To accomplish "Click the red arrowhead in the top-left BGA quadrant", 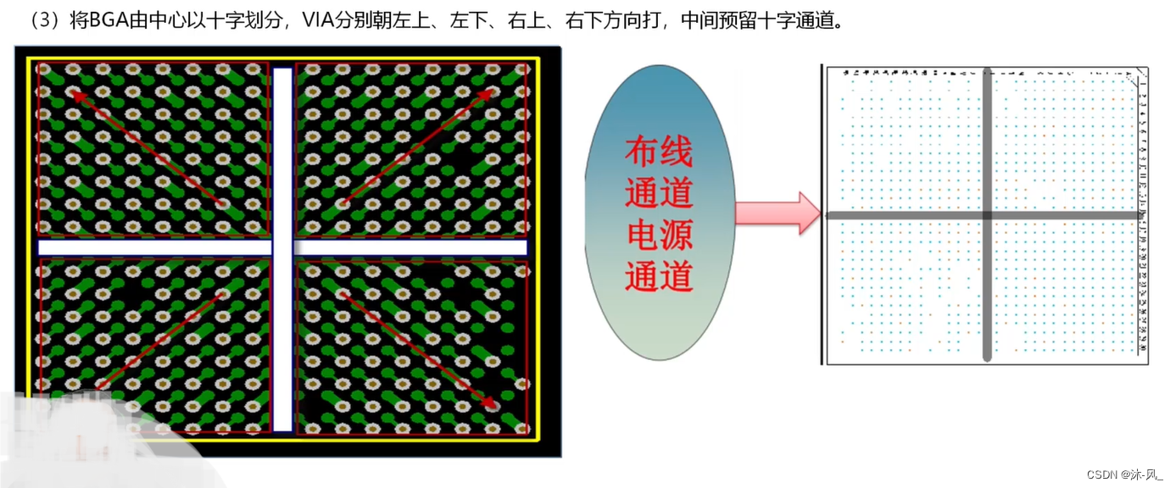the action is point(76,96).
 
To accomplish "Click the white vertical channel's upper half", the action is point(282,152).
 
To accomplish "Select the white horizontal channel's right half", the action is point(411,247).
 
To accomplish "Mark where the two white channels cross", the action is point(282,247).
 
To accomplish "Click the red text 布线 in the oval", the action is point(659,153).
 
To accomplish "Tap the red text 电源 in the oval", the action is point(659,236).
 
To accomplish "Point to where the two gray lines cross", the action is point(987,215).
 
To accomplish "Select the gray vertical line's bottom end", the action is point(987,357).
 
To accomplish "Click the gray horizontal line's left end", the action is point(831,215).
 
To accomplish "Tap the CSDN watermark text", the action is point(1101,474).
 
